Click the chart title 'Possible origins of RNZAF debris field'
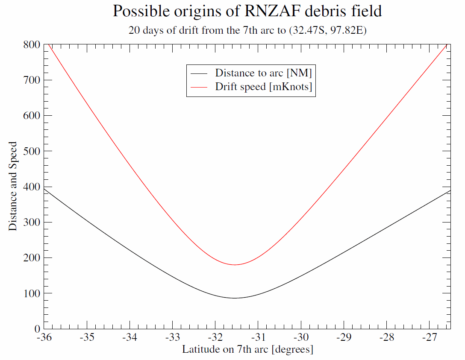(247, 11)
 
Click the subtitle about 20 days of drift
(247, 31)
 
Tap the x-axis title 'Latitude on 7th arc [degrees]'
(247, 349)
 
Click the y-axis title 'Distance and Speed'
(13, 186)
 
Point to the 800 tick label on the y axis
(32, 44)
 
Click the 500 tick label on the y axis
(32, 151)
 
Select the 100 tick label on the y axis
(32, 293)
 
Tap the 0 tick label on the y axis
(37, 329)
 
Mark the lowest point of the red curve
(235, 265)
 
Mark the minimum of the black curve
(235, 298)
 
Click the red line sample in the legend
(200, 87)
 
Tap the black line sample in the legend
(200, 73)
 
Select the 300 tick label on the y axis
(32, 222)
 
